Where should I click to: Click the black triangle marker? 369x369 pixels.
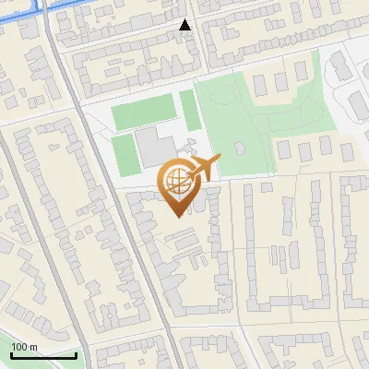(x=185, y=25)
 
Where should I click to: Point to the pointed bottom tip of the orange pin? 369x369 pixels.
(x=176, y=216)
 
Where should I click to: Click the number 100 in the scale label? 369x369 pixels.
(x=19, y=347)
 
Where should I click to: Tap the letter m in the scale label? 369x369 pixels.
(x=33, y=347)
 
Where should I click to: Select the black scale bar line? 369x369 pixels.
(x=43, y=355)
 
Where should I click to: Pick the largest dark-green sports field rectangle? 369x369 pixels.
(x=143, y=115)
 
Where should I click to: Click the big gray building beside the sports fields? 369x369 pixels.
(x=152, y=148)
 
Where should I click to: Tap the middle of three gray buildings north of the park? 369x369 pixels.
(x=278, y=83)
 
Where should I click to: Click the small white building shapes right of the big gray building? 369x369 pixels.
(x=189, y=148)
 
